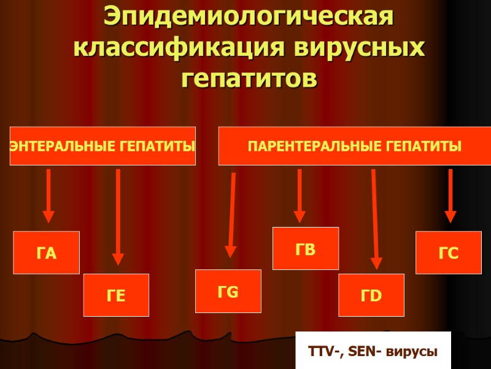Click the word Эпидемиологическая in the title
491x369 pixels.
click(249, 16)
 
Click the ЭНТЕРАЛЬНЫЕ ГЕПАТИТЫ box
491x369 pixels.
click(102, 146)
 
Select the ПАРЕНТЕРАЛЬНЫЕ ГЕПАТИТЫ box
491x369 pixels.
click(354, 146)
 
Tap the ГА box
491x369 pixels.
click(47, 253)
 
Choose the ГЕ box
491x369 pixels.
click(116, 295)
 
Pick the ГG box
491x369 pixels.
click(228, 292)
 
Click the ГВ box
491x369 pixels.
click(306, 248)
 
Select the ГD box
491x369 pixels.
click(371, 295)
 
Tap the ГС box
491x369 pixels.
click(448, 253)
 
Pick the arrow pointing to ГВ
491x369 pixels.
click(300, 196)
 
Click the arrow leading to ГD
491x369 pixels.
click(375, 219)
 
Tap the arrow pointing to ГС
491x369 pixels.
click(450, 196)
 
